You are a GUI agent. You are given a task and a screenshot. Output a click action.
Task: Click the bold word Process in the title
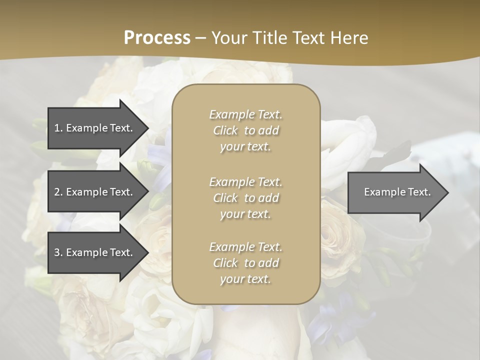[x=157, y=38]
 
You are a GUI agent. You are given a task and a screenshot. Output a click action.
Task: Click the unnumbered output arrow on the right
[x=395, y=192]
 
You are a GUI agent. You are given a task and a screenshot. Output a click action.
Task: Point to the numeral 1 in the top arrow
[x=56, y=128]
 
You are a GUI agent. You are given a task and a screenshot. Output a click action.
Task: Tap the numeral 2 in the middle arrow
[x=57, y=192]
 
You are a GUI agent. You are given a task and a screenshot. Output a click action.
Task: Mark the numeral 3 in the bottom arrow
[x=57, y=252]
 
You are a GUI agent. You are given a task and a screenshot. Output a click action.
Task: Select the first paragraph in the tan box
[x=245, y=130]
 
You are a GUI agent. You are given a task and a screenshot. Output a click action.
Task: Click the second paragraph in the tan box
[x=245, y=198]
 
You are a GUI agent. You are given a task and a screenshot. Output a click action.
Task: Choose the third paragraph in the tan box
[x=245, y=263]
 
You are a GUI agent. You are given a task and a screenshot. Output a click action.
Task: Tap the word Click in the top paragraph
[x=225, y=131]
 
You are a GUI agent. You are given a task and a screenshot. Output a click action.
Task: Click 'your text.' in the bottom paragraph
[x=245, y=279]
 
